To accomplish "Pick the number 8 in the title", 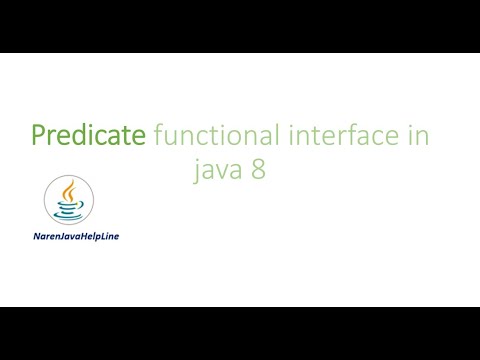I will coord(258,167).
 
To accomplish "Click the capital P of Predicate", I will coord(39,134).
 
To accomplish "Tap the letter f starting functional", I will coord(159,133).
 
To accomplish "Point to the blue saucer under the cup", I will coord(69,217).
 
